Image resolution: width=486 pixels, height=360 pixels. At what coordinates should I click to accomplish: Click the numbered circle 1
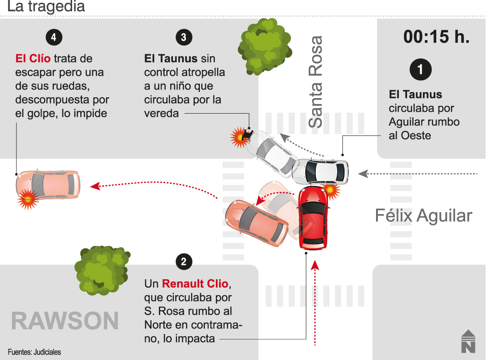pos(420,69)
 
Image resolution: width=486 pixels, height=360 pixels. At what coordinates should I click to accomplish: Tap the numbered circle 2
pos(183,262)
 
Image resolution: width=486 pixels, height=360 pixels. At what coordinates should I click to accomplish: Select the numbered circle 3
pos(183,37)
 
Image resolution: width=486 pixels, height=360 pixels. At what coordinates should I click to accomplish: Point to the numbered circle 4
pos(54,37)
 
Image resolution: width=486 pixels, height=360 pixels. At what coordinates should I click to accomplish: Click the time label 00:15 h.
pos(436,37)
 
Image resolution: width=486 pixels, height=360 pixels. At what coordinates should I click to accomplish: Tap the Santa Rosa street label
pos(315,82)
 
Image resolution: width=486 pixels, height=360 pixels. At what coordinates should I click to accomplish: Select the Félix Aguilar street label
pos(423,215)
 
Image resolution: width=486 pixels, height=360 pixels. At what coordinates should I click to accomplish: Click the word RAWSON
pos(64,321)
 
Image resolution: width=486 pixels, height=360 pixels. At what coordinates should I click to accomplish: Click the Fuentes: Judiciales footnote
pos(34,352)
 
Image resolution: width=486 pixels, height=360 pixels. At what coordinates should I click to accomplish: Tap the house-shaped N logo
pos(468,341)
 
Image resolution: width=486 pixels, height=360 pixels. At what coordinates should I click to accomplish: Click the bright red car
pos(313,218)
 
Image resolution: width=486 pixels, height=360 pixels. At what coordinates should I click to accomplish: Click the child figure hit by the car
pos(248,133)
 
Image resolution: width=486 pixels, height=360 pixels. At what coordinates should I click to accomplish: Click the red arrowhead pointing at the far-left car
pos(94,186)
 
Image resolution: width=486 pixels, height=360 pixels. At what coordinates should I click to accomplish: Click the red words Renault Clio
pos(195,284)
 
